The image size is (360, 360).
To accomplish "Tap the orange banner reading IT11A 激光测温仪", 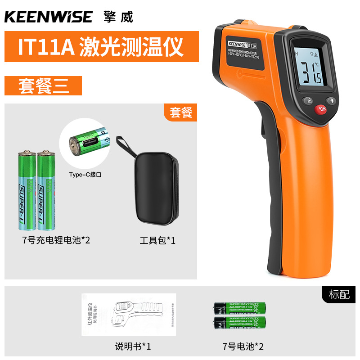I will pyautogui.click(x=101, y=46).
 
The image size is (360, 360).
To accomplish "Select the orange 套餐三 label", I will pyautogui.click(x=43, y=85).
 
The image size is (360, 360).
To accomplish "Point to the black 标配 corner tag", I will pyautogui.click(x=339, y=295).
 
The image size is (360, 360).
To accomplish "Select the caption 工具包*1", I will pyautogui.click(x=157, y=240).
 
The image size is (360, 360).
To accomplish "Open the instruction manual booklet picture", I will pyautogui.click(x=128, y=315).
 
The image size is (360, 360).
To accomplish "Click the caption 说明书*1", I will pyautogui.click(x=133, y=346).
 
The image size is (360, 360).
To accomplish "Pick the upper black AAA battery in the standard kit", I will pyautogui.click(x=239, y=308).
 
